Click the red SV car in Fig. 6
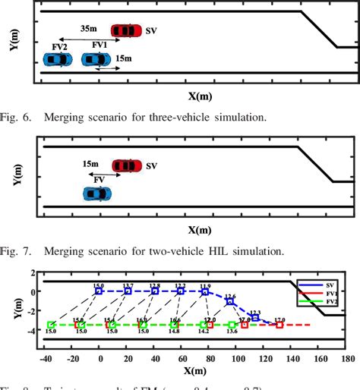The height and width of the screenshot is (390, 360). point(125,30)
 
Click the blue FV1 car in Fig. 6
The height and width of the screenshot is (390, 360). point(96,58)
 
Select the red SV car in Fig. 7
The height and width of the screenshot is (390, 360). point(126,165)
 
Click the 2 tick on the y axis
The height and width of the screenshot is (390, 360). point(32,273)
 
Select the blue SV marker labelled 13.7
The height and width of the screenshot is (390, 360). point(128,291)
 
